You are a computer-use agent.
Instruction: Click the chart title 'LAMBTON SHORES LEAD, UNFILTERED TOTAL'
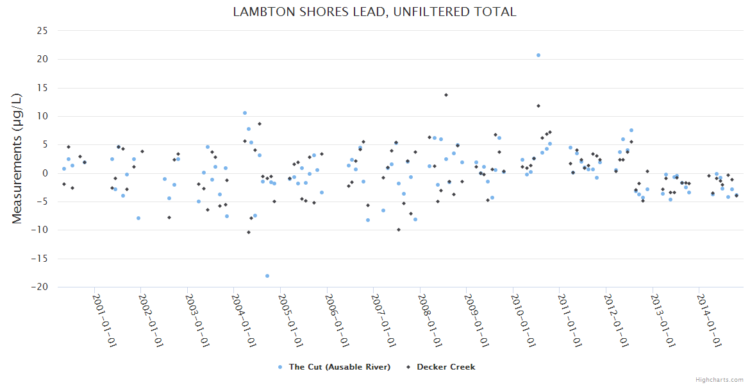coord(374,12)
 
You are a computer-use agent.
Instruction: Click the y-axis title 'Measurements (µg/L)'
coord(17,158)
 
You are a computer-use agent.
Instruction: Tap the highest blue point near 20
coord(538,55)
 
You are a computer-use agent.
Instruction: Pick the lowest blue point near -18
coord(267,276)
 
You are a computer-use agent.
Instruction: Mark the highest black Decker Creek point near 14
coord(446,95)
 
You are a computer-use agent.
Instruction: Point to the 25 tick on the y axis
coord(42,31)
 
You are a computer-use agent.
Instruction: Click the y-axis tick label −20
coord(40,287)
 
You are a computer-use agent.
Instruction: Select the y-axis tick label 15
coord(42,88)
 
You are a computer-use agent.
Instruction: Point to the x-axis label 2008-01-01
coord(429,320)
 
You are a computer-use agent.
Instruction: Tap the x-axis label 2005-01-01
coord(290,320)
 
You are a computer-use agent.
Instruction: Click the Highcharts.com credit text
coord(719,379)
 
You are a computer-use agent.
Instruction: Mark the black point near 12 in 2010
coord(538,106)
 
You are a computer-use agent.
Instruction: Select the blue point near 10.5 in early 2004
coord(245,113)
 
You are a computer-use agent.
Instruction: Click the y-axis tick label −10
coord(40,230)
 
